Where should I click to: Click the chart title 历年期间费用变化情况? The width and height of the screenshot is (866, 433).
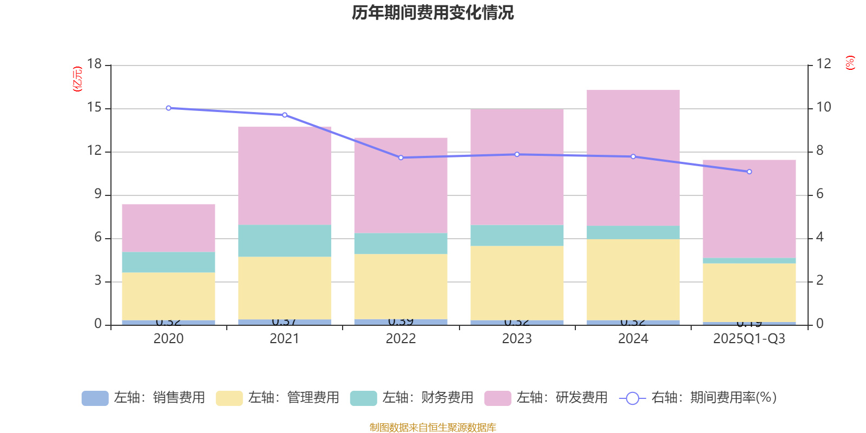[432, 12]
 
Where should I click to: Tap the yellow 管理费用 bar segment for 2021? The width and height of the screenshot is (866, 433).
[285, 287]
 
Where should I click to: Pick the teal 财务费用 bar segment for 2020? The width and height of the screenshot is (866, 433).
[168, 262]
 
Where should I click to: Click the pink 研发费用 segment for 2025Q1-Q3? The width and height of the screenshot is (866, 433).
[749, 208]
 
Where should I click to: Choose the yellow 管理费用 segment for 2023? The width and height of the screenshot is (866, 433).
[517, 283]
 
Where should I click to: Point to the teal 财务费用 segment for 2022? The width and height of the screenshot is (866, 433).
[401, 244]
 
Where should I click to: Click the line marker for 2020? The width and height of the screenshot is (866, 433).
[168, 108]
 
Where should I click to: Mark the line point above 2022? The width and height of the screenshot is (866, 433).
[401, 158]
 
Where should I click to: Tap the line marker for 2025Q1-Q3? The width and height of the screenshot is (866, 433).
[749, 172]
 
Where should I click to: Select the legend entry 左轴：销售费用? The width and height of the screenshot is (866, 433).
[144, 398]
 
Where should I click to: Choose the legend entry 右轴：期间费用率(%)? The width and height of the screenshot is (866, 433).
[698, 398]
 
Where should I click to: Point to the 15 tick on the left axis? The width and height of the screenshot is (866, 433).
[95, 108]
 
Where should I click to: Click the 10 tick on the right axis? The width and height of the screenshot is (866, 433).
[824, 107]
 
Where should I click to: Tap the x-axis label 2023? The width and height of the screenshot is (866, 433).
[517, 339]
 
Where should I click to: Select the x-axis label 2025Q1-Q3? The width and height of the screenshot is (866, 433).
[749, 339]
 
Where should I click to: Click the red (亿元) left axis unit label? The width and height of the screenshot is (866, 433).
[78, 79]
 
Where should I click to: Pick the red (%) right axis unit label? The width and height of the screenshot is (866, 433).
[850, 63]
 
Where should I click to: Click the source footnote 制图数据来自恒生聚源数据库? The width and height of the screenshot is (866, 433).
[432, 428]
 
